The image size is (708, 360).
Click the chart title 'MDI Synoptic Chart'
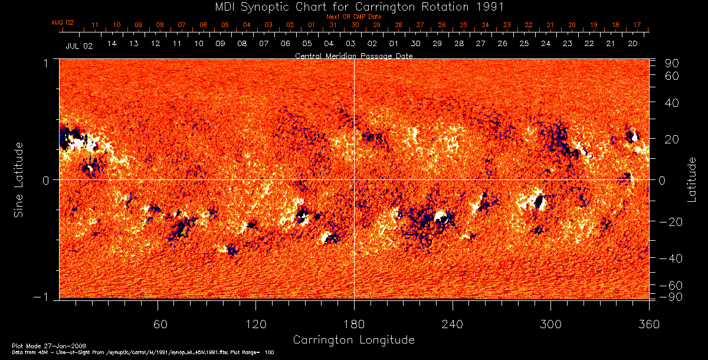pyautogui.click(x=354, y=6)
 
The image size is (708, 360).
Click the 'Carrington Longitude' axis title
pyautogui.click(x=353, y=340)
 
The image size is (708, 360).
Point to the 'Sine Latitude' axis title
pyautogui.click(x=19, y=179)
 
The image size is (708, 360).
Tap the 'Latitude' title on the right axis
pyautogui.click(x=691, y=179)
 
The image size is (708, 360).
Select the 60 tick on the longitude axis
pyautogui.click(x=158, y=324)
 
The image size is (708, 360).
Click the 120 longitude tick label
pyautogui.click(x=255, y=324)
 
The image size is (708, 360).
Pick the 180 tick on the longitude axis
pyautogui.click(x=354, y=324)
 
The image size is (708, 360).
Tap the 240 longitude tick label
pyautogui.click(x=453, y=324)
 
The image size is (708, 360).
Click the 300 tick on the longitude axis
pyautogui.click(x=550, y=324)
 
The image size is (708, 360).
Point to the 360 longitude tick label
pyautogui.click(x=648, y=324)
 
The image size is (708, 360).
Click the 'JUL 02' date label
pyautogui.click(x=79, y=45)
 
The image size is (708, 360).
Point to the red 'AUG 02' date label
pyautogui.click(x=62, y=22)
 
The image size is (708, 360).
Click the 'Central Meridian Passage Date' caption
pyautogui.click(x=353, y=55)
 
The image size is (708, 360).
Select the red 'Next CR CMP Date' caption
pyautogui.click(x=354, y=17)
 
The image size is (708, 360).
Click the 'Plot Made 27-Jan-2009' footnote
pyautogui.click(x=39, y=345)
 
